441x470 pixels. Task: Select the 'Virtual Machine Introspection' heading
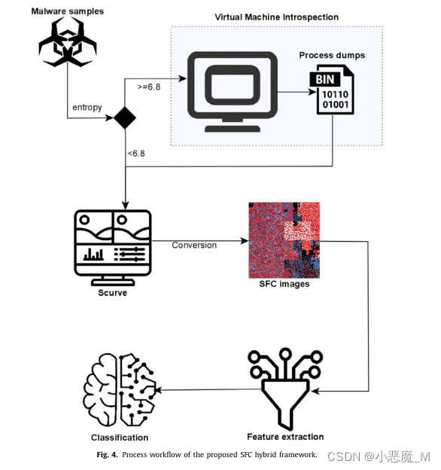coord(276,17)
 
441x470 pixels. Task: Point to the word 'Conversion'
coord(194,245)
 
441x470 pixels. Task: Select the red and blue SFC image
coord(284,240)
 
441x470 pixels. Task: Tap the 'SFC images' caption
coord(284,284)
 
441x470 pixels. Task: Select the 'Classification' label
coord(120,438)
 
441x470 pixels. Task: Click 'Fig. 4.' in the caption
coord(107,455)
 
